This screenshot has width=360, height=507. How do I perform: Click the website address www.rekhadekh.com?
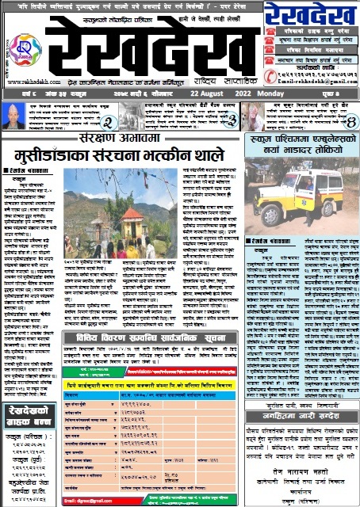(29, 82)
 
